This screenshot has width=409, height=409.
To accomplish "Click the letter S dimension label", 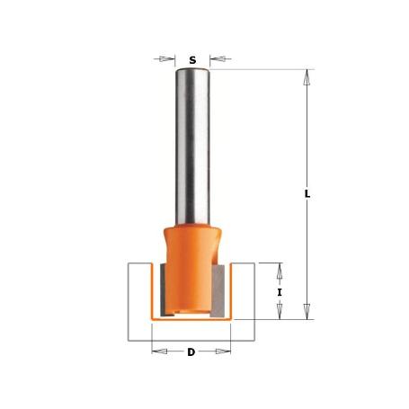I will point(191,60).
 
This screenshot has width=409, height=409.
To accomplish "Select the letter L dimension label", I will point(307,193).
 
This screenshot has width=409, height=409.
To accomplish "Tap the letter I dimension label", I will point(280,292).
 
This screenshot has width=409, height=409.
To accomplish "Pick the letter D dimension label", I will point(191,352).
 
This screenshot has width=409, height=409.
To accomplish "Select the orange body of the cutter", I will point(191,261).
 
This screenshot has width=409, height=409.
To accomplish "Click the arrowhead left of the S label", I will point(166,60).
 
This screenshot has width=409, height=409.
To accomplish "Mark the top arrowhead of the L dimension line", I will point(307,77).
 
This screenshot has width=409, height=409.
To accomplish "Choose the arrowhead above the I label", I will point(280,270).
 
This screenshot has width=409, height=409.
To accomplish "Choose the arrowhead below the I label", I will point(280,312).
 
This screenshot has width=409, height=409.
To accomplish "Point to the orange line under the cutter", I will point(191,318).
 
